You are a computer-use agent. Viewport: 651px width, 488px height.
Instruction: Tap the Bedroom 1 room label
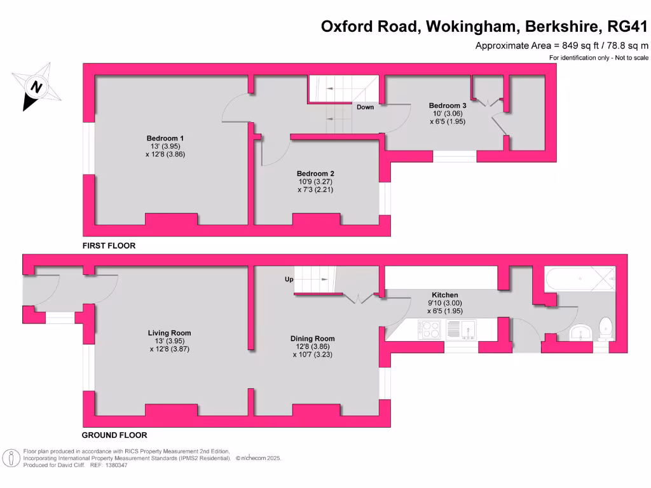tap(165, 139)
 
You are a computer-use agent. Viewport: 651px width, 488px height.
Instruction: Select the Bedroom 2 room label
tap(315, 173)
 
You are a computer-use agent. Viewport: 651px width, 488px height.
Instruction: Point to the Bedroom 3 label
tap(448, 105)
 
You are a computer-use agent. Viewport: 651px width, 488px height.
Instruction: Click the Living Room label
tap(169, 333)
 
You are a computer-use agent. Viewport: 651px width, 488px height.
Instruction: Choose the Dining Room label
tap(312, 339)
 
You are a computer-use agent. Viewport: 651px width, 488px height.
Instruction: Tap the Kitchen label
tap(445, 295)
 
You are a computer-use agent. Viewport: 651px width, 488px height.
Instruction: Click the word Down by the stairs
tap(365, 107)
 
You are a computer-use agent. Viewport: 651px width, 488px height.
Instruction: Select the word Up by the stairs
tap(288, 279)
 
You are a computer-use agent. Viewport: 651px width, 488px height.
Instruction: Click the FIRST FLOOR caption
tap(109, 245)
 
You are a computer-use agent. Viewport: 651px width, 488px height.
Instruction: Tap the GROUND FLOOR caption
tap(114, 435)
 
